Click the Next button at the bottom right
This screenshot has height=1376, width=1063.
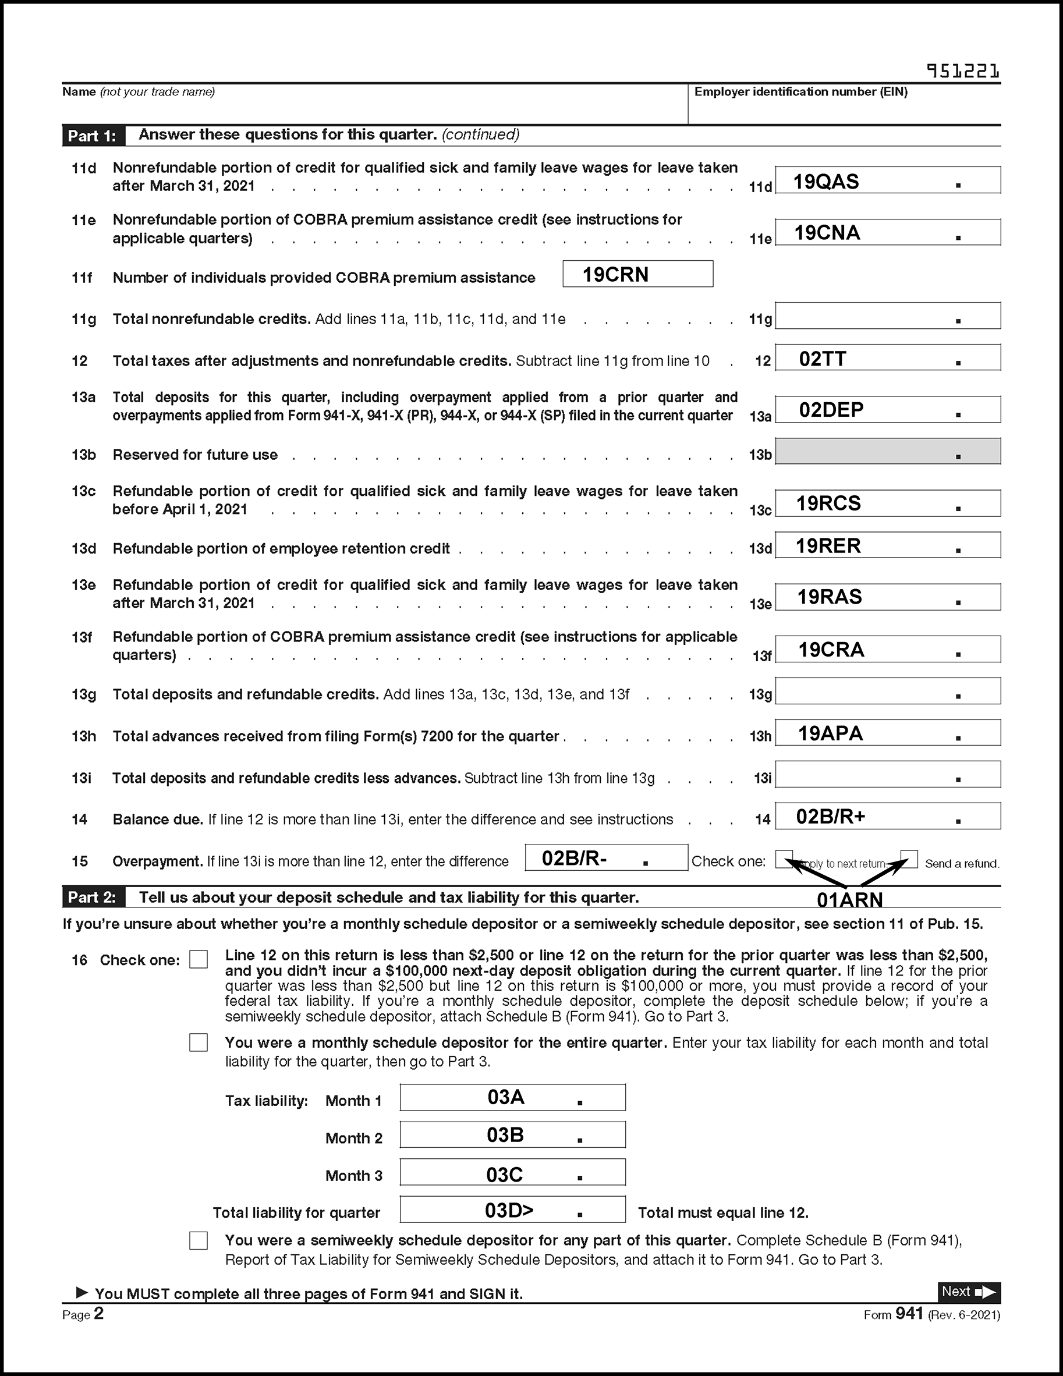969,1292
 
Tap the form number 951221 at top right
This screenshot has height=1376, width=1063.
963,71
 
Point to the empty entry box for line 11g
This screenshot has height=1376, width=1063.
887,315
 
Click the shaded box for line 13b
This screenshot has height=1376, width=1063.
887,452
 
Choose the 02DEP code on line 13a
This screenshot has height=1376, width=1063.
831,410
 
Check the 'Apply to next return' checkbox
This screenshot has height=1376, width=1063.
784,858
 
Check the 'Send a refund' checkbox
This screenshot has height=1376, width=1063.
909,858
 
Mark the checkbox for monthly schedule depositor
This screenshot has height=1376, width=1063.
199,1042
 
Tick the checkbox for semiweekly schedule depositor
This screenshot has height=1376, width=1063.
199,1240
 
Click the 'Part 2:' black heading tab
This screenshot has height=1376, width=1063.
93,897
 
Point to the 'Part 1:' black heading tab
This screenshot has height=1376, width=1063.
93,136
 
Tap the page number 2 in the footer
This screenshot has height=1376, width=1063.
99,1314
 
